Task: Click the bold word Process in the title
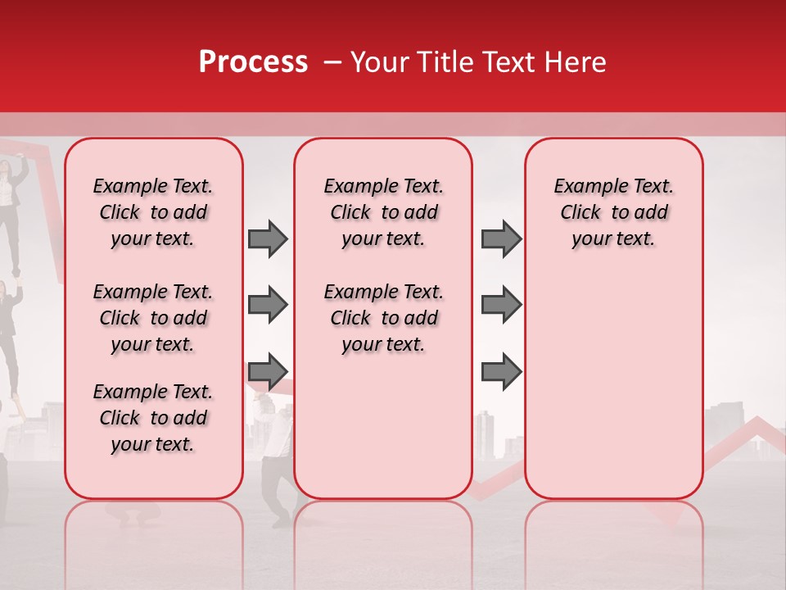(x=252, y=62)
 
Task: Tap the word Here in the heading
(x=575, y=62)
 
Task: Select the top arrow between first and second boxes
(x=268, y=238)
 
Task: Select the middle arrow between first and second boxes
(x=268, y=305)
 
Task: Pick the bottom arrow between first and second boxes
(x=268, y=372)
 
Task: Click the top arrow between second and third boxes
(x=501, y=238)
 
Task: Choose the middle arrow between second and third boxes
(x=501, y=305)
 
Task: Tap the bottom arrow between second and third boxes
(x=501, y=372)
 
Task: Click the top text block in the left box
(x=153, y=212)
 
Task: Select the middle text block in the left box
(x=153, y=318)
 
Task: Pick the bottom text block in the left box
(x=153, y=418)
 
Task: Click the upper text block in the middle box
(x=383, y=212)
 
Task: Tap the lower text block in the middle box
(x=383, y=318)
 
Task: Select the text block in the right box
(x=613, y=212)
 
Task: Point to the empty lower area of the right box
(x=613, y=385)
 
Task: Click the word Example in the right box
(x=584, y=186)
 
